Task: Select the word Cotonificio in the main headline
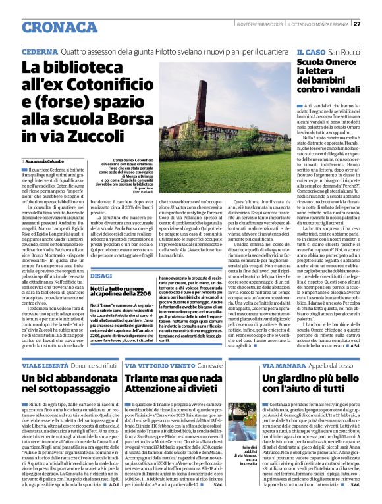113,86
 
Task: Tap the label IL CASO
310,51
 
